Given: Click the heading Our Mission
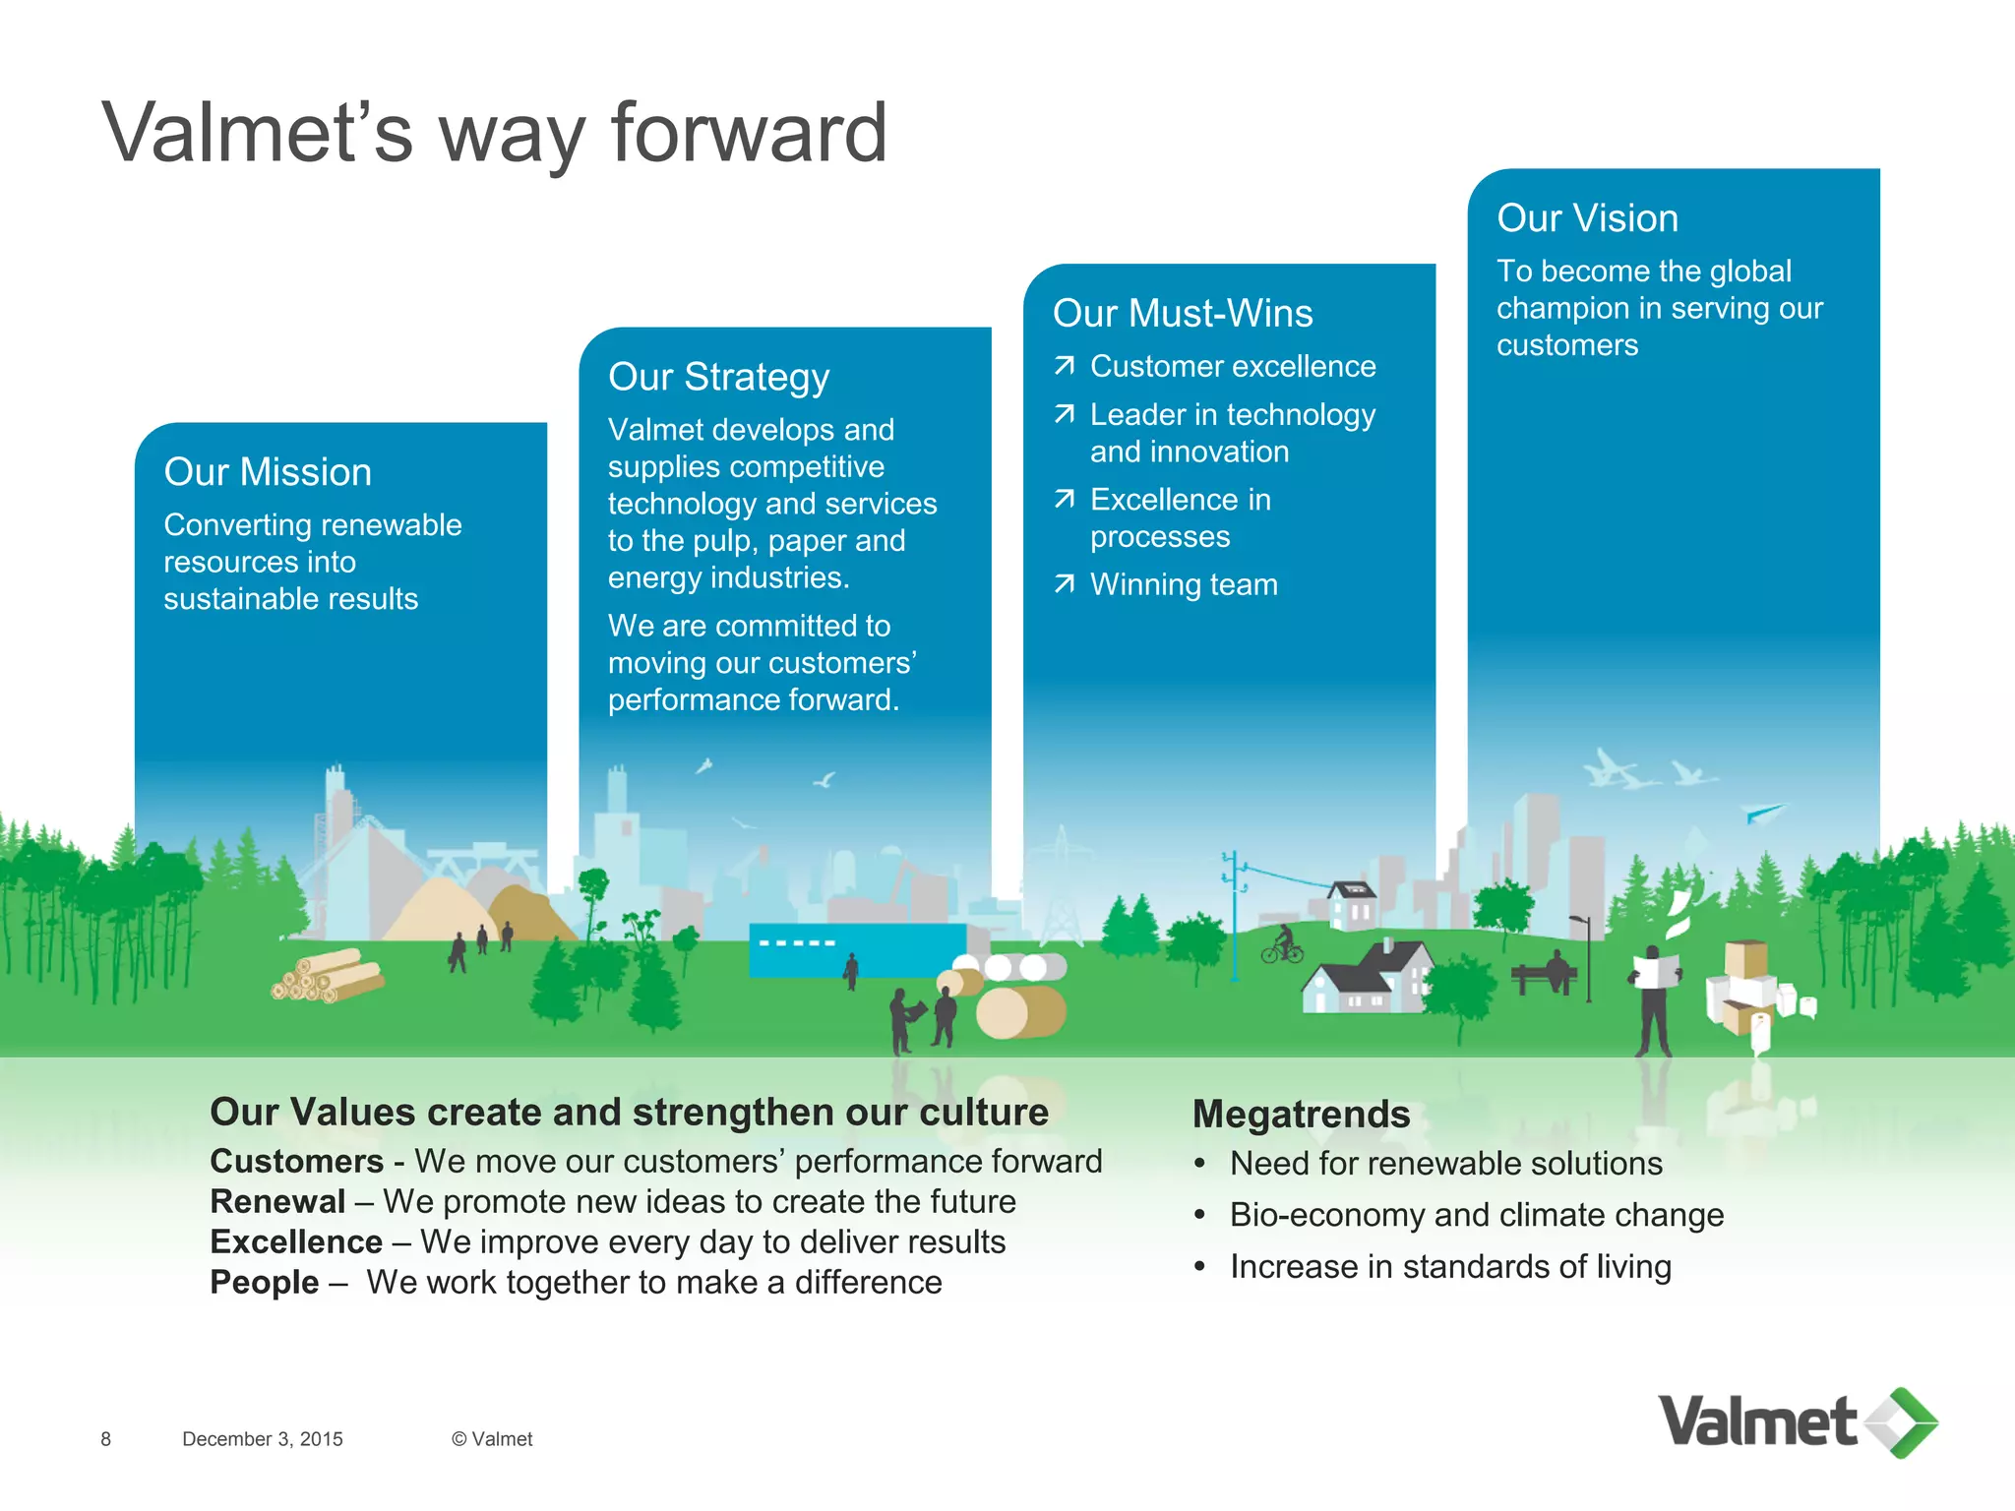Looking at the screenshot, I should [268, 472].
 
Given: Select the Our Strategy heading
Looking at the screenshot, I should [718, 378].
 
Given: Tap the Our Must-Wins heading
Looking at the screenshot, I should [1183, 314].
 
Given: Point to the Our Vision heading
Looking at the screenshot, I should [1587, 218].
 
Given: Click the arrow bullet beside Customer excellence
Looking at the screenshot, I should [1064, 367].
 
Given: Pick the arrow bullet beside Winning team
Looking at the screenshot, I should [1064, 584].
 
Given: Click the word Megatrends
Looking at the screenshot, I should [1301, 1115].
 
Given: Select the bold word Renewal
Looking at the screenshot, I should [277, 1202].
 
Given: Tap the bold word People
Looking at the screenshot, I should [265, 1283].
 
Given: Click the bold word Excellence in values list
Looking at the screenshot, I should [296, 1242].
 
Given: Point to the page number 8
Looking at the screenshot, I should [106, 1439].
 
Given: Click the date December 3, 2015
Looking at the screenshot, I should [263, 1439].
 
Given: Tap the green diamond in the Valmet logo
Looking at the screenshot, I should [1905, 1422].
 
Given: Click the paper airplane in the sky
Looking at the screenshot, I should [1763, 813].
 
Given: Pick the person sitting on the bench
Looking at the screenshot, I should [1555, 969].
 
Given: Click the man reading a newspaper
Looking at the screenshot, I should [1655, 998].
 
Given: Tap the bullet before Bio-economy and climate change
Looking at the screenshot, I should [1199, 1216].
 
